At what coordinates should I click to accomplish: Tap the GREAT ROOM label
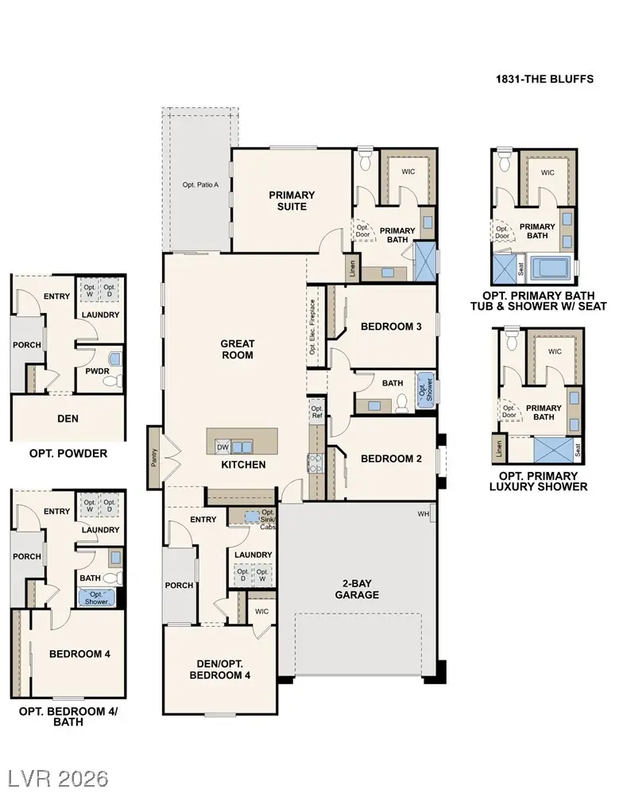pyautogui.click(x=237, y=349)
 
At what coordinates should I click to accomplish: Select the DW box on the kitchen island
pyautogui.click(x=223, y=447)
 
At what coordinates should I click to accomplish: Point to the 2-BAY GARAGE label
pyautogui.click(x=357, y=589)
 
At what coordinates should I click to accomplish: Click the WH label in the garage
pyautogui.click(x=424, y=514)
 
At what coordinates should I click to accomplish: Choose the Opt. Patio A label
pyautogui.click(x=200, y=185)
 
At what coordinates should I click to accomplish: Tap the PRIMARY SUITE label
pyautogui.click(x=292, y=200)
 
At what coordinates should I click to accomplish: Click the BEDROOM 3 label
pyautogui.click(x=390, y=327)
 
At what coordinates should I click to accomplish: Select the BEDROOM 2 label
pyautogui.click(x=390, y=459)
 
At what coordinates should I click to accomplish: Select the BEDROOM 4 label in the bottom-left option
pyautogui.click(x=79, y=654)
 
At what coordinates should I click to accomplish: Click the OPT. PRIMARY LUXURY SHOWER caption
pyautogui.click(x=539, y=481)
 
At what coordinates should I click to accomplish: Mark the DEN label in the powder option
pyautogui.click(x=67, y=417)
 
